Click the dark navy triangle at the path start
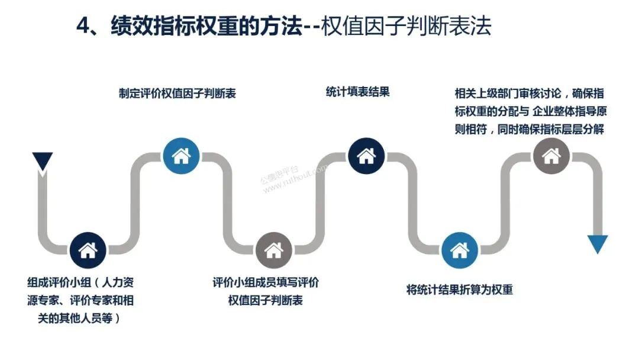tap(43, 162)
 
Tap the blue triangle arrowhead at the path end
tap(597, 243)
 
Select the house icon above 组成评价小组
tap(88, 250)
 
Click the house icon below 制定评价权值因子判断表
tap(180, 156)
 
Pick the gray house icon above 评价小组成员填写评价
tap(273, 250)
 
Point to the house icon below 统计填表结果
tap(366, 156)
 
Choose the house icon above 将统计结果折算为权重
tap(459, 250)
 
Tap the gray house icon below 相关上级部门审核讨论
tap(551, 156)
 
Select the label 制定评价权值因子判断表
tap(177, 94)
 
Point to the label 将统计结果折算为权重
tap(459, 290)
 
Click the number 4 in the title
tap(83, 27)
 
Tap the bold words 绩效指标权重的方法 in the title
tap(206, 27)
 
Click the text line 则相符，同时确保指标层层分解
tap(529, 129)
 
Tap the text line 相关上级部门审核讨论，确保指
tap(529, 93)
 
